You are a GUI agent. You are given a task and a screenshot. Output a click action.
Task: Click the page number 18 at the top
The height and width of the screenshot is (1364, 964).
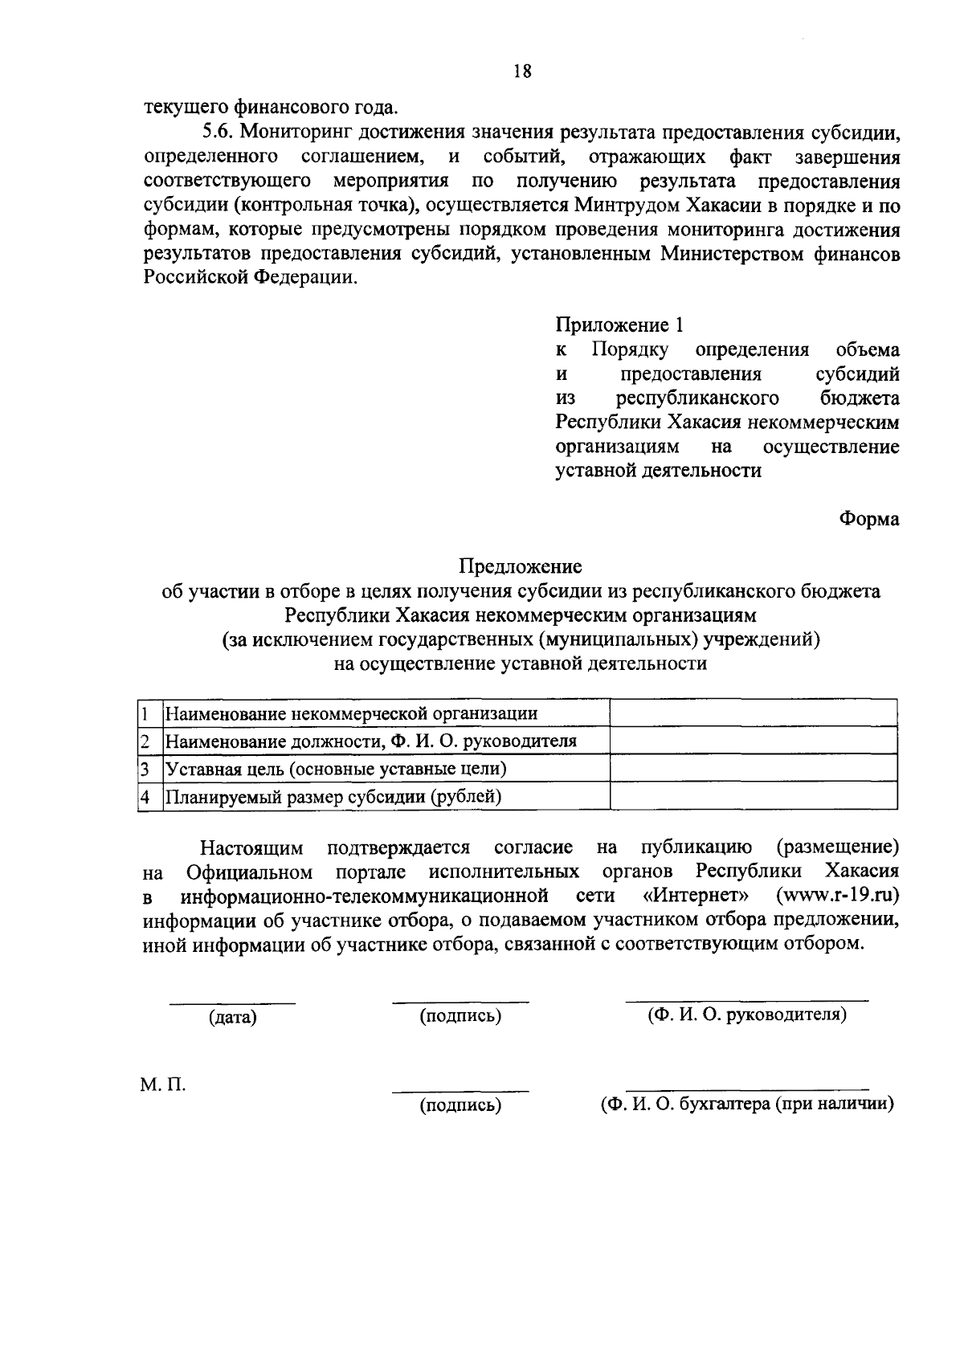point(521,71)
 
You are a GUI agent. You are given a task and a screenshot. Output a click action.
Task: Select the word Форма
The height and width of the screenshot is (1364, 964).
point(869,519)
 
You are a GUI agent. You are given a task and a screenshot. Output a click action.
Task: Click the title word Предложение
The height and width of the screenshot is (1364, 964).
point(520,567)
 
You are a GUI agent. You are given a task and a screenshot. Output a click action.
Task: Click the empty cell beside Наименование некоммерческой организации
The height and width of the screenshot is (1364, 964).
point(754,713)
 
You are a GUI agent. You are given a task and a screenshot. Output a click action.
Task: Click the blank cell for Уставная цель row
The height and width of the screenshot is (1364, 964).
point(754,769)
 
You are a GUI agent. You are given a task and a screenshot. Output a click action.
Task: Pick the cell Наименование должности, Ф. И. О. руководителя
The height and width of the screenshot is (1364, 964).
point(370,741)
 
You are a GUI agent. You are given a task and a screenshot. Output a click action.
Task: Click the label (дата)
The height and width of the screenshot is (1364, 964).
point(232,1018)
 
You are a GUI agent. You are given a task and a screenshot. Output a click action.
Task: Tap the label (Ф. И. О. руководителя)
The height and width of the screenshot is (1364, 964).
point(747,1015)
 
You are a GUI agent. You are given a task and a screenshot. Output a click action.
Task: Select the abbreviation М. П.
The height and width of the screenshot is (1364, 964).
point(163,1084)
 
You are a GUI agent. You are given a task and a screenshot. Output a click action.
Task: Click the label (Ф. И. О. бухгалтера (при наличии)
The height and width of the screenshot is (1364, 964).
point(748,1104)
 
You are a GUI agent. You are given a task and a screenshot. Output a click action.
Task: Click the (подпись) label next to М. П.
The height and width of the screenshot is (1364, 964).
point(460,1106)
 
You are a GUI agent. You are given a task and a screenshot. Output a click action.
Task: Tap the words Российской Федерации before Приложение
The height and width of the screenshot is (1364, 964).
point(248,278)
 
